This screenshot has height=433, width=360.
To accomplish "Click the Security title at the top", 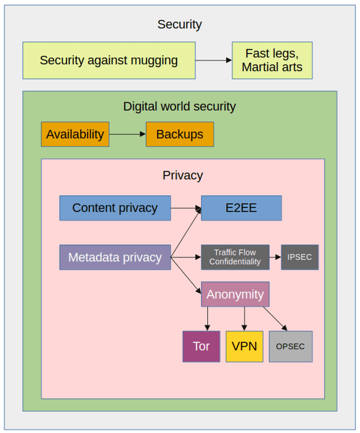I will [x=179, y=25].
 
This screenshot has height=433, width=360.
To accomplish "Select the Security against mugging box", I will [x=109, y=60].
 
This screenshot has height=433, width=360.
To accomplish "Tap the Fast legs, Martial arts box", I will [x=272, y=60].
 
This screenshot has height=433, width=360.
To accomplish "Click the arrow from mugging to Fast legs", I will [x=213, y=60].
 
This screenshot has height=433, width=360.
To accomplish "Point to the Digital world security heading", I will [x=179, y=106].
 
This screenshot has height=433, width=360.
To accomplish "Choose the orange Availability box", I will [x=75, y=134].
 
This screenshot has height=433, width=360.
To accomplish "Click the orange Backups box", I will [x=180, y=134].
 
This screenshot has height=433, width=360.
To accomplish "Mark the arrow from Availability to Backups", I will [x=127, y=134].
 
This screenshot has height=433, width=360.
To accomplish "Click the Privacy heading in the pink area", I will [x=183, y=175].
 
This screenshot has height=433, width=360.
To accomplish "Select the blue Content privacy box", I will [x=115, y=208].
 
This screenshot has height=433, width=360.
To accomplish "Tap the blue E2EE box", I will [x=241, y=208].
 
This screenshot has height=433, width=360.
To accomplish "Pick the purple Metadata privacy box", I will [x=115, y=257].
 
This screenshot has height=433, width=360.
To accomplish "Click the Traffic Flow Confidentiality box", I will [x=235, y=257].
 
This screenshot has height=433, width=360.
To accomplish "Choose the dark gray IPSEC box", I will [x=300, y=257].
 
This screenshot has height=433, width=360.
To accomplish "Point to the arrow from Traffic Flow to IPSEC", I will [x=275, y=257].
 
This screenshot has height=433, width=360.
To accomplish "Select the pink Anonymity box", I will [x=235, y=294].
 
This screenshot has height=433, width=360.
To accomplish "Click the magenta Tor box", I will [x=201, y=346].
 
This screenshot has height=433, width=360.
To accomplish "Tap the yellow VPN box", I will [x=244, y=346].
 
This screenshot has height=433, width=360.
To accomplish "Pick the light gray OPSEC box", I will [x=291, y=346].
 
